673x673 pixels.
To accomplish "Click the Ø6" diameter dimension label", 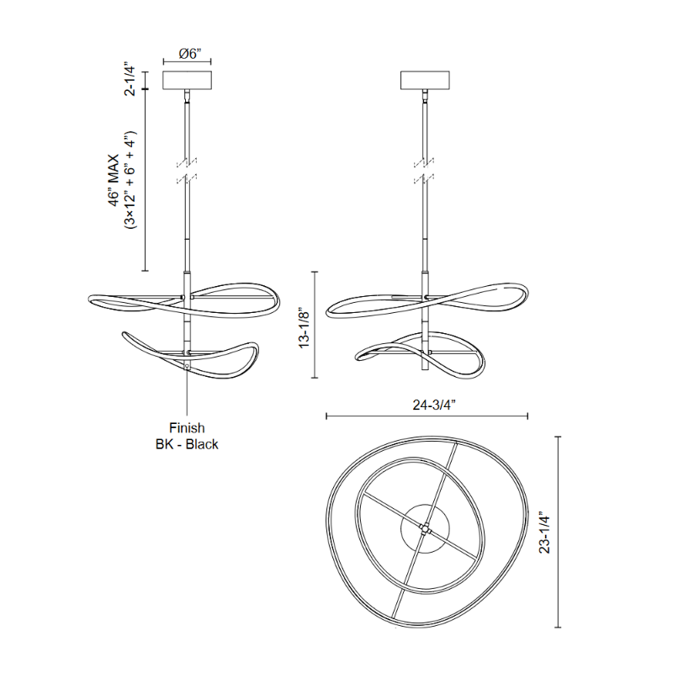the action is [x=190, y=54].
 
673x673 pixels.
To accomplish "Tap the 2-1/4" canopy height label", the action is [x=130, y=81].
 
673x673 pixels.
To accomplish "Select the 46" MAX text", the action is [x=114, y=180].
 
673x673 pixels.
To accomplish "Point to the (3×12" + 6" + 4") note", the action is [x=130, y=180].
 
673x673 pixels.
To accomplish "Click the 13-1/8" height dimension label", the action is [x=305, y=327].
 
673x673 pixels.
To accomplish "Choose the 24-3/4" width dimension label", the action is [x=434, y=405].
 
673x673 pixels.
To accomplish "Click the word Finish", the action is [x=187, y=428].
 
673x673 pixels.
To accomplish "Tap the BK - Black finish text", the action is [x=187, y=444].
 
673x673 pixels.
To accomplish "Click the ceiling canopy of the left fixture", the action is [x=187, y=80].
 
